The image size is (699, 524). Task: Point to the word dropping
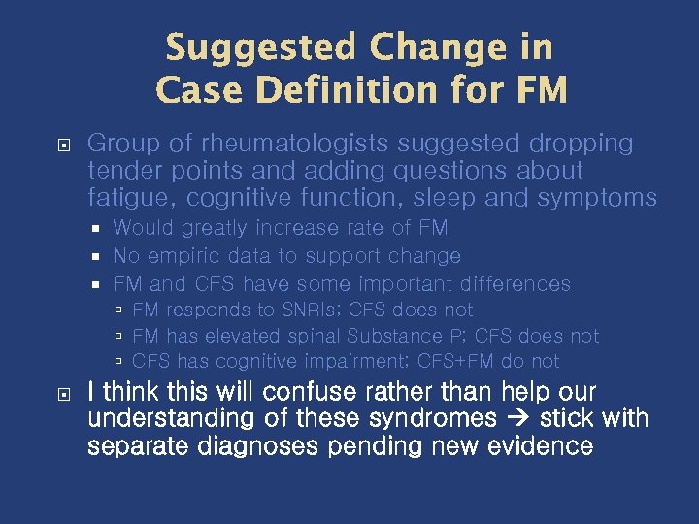point(581,144)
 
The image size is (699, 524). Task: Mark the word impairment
point(359,362)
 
